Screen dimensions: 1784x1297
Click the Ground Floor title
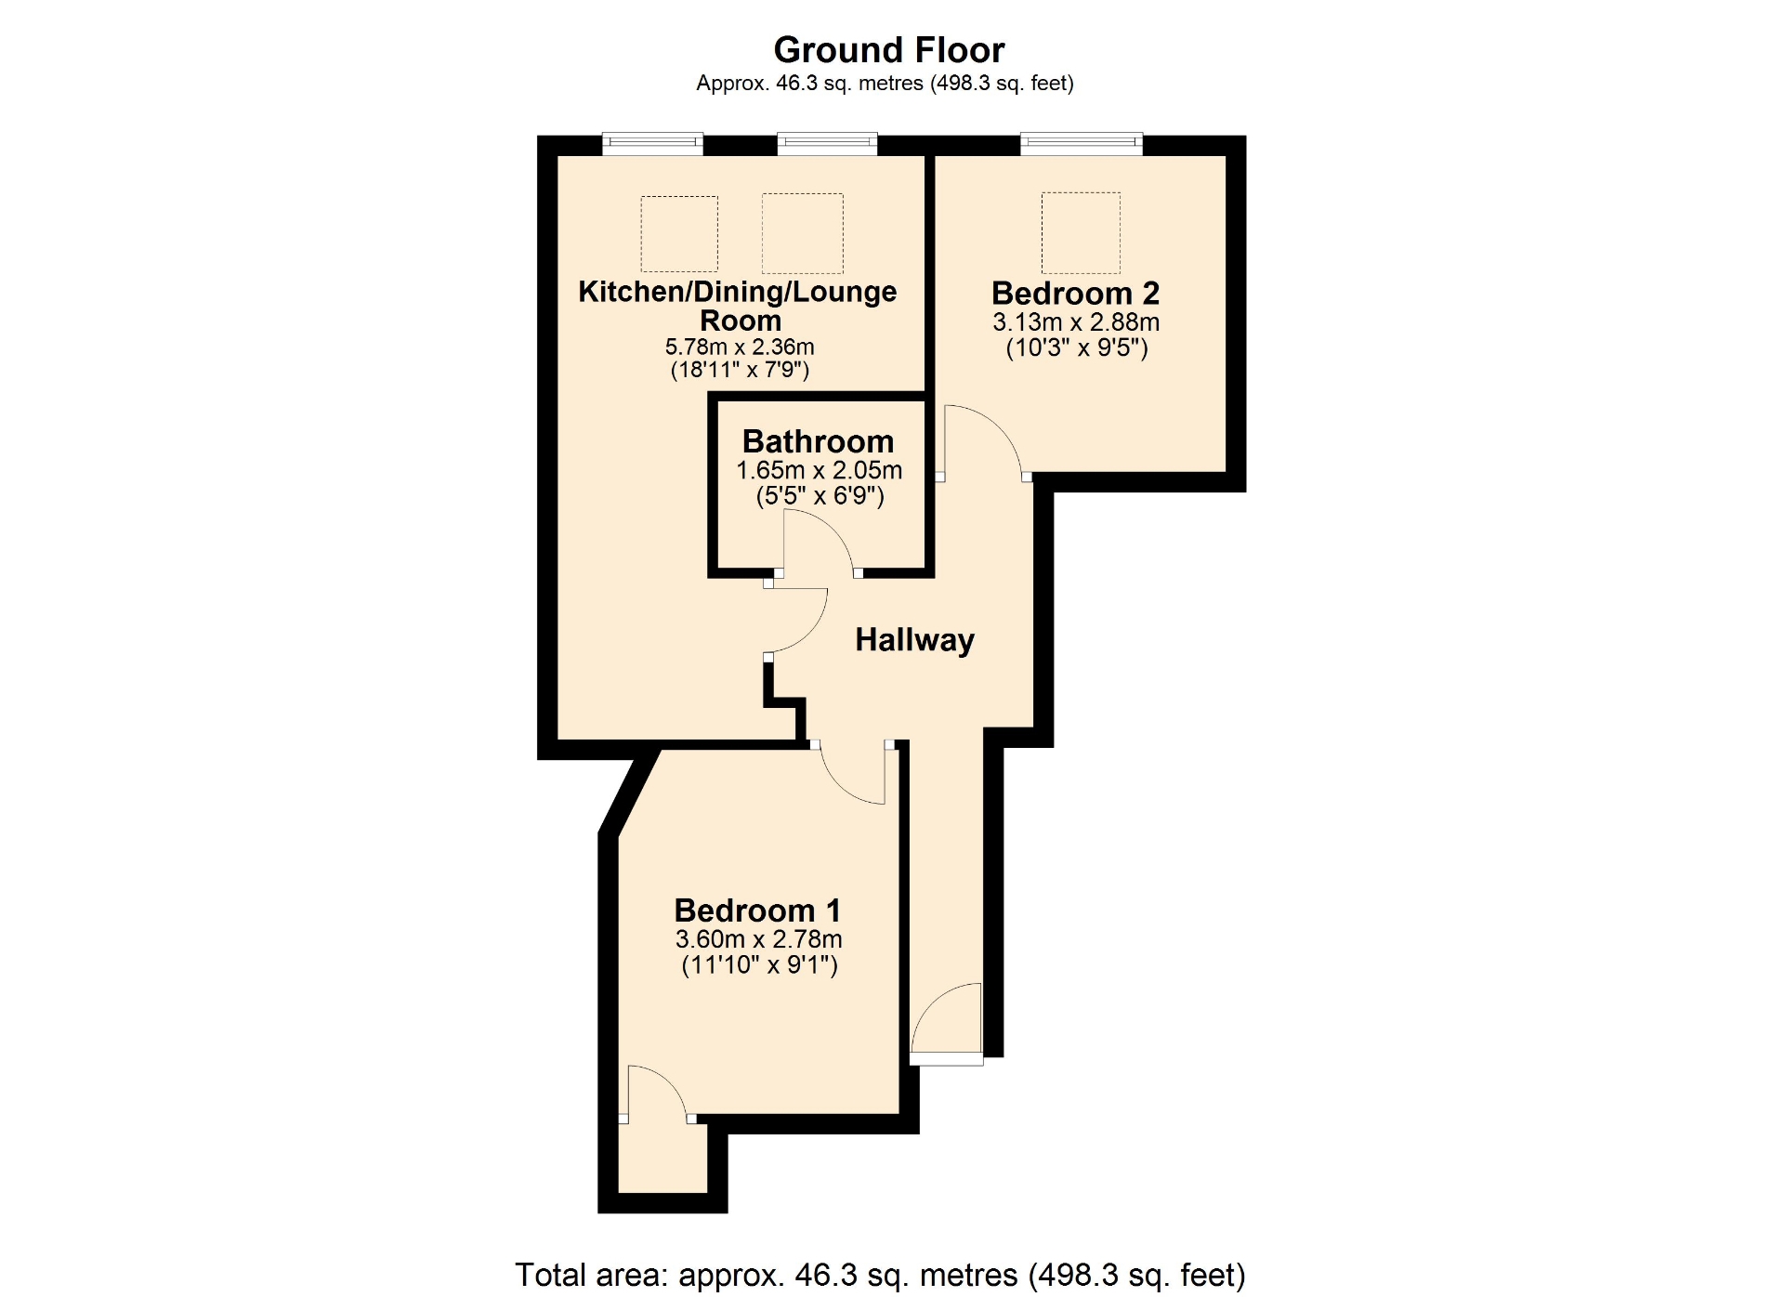tap(889, 49)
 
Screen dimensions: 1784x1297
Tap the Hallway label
tap(914, 639)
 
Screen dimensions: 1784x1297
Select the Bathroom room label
tap(818, 440)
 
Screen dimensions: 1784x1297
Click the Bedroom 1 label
tap(757, 910)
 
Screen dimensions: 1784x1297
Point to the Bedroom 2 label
tap(1075, 293)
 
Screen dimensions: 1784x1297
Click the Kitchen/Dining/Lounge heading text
tap(738, 291)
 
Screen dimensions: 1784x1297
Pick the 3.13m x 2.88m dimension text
tap(1076, 322)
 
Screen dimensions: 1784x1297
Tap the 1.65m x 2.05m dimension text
tap(819, 470)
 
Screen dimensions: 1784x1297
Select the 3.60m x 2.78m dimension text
tap(758, 939)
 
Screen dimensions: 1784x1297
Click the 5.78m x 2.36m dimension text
tap(740, 347)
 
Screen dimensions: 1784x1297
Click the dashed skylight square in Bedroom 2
tap(1081, 232)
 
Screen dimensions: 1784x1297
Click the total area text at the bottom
tap(880, 1275)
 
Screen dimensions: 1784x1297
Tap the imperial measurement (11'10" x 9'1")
tap(759, 964)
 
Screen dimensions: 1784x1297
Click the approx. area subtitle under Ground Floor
tap(885, 84)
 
